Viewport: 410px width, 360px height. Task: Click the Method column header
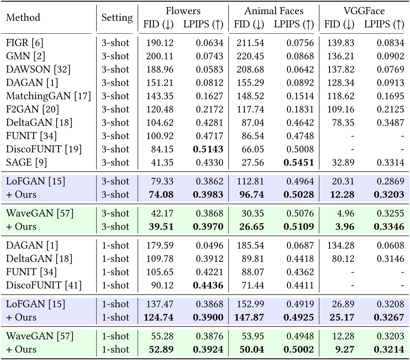click(x=23, y=17)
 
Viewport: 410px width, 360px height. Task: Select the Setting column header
click(x=117, y=17)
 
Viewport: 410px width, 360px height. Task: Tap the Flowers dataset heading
click(x=183, y=11)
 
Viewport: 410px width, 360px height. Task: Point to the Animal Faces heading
click(x=274, y=11)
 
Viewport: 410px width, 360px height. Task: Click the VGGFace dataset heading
click(x=364, y=11)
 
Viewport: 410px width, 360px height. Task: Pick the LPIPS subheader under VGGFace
click(x=384, y=24)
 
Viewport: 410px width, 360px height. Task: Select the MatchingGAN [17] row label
click(x=48, y=96)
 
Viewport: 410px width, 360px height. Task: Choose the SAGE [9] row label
click(x=27, y=162)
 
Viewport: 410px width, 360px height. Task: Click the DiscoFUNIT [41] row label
click(x=44, y=285)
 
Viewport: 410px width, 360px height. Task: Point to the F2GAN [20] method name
click(x=32, y=109)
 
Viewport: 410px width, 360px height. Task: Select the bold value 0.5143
click(x=208, y=149)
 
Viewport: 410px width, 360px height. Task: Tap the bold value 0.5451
click(x=298, y=162)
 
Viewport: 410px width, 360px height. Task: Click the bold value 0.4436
click(x=208, y=285)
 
